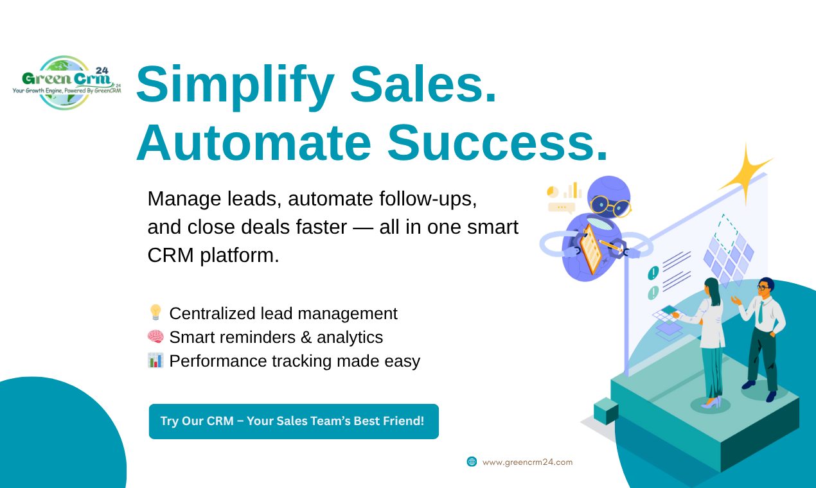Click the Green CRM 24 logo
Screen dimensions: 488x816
click(x=66, y=83)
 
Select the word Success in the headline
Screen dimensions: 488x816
click(x=496, y=143)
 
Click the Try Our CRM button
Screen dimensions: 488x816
click(x=294, y=421)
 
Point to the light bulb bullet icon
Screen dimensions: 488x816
click(x=155, y=313)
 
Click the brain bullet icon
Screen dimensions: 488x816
click(x=155, y=336)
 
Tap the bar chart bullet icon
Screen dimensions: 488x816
click(x=155, y=360)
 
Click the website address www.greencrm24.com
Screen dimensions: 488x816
click(x=527, y=462)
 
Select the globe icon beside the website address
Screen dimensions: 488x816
click(x=472, y=462)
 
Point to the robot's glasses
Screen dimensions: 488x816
click(x=609, y=205)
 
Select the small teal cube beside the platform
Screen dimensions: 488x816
click(x=605, y=411)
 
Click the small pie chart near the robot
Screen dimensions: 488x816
click(x=553, y=191)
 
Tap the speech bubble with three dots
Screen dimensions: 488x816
click(x=561, y=207)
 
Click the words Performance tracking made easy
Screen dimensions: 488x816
click(x=294, y=361)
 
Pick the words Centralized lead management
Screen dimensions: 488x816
click(x=283, y=313)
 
